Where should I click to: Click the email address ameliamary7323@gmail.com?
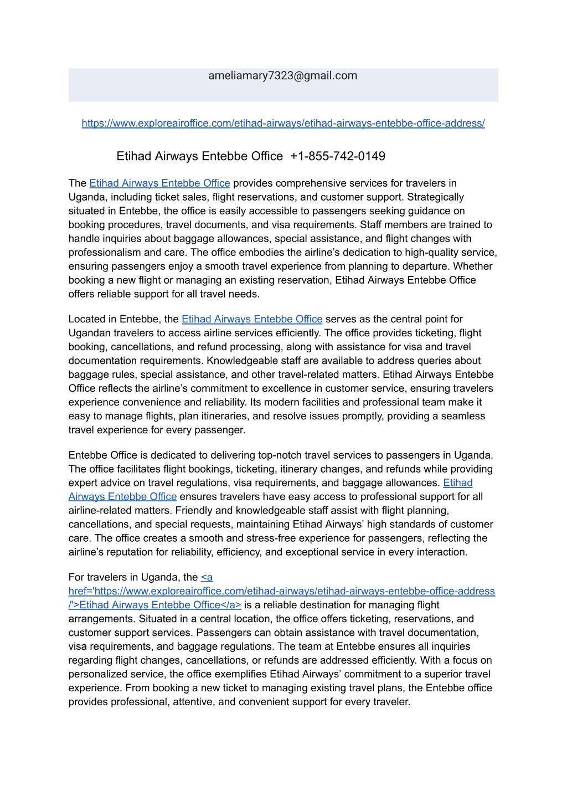click(282, 76)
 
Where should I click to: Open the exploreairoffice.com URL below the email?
click(283, 124)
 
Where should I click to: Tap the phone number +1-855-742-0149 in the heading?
click(337, 156)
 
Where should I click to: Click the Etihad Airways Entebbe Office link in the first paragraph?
click(159, 183)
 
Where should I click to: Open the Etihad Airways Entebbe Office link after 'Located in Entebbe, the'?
click(252, 319)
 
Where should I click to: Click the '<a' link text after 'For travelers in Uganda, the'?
click(207, 577)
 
